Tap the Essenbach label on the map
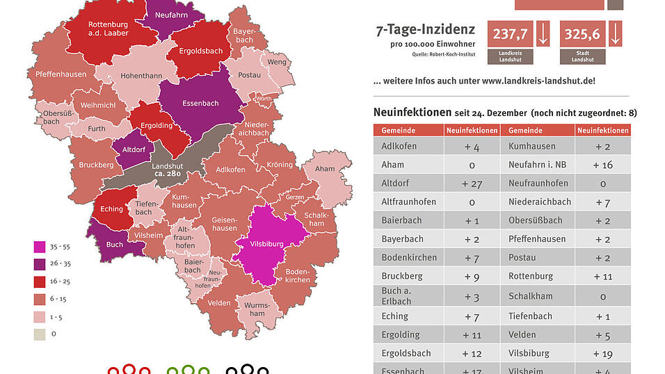click(200, 104)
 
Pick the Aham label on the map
click(325, 169)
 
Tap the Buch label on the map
click(115, 244)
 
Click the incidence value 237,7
click(510, 33)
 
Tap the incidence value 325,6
click(584, 33)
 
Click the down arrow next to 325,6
click(615, 33)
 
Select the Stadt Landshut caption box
click(584, 56)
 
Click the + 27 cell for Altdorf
click(472, 184)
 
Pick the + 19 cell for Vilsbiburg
click(602, 353)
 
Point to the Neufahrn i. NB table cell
click(538, 165)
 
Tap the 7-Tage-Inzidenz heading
click(425, 30)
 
